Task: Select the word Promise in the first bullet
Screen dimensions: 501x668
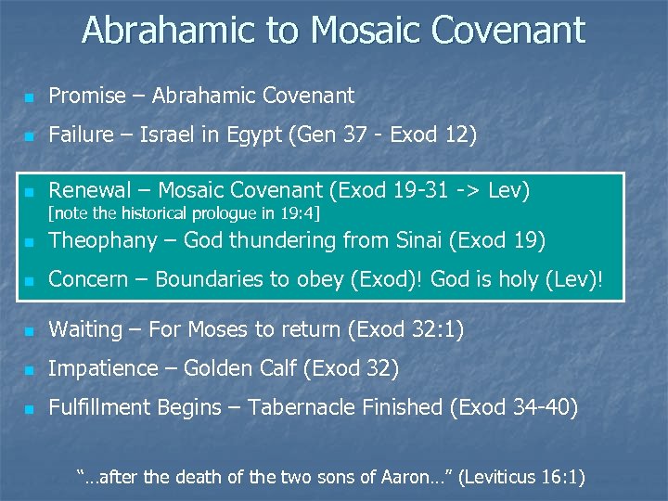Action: tap(86, 96)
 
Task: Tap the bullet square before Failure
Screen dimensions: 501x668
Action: tap(30, 136)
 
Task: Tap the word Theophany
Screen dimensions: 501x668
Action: tap(100, 240)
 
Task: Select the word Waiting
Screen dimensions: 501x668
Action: tap(85, 329)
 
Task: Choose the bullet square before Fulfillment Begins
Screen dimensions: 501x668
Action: tap(30, 408)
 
